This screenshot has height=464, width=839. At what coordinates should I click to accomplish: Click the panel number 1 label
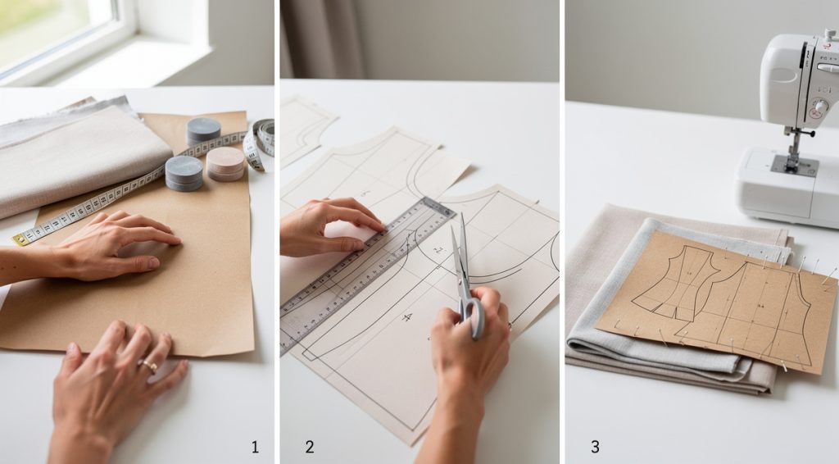point(255,447)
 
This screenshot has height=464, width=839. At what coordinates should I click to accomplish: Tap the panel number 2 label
point(310,447)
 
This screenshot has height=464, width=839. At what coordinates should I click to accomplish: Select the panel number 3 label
point(595,447)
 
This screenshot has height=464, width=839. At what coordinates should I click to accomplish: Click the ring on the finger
point(150,364)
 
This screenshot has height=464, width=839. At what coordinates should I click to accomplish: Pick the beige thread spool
point(225,162)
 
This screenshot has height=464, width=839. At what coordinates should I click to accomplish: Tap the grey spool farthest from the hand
point(203,130)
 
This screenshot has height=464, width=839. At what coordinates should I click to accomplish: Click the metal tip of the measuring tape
point(18,239)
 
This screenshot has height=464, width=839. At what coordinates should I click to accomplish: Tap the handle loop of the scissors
point(473,313)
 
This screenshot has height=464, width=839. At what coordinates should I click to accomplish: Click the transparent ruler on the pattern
point(369,270)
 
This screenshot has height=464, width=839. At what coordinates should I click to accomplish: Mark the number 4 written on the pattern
point(406,317)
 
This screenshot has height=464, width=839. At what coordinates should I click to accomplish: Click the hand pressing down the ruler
point(328,225)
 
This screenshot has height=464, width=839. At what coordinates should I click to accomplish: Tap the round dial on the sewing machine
point(818,107)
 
